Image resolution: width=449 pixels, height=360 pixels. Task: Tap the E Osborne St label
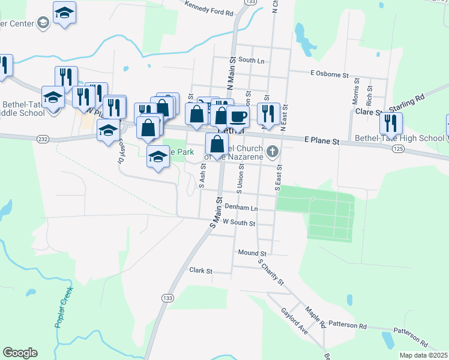(x=330, y=74)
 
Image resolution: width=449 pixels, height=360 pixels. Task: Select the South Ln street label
(x=251, y=61)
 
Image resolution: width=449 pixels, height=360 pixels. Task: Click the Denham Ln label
(x=241, y=207)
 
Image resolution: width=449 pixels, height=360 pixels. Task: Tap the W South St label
(x=239, y=223)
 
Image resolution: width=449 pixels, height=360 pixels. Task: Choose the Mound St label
(x=252, y=253)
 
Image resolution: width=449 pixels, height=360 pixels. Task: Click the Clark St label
(x=201, y=271)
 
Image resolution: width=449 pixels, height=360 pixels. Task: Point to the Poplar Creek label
(x=64, y=307)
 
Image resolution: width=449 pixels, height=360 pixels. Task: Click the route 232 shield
(x=42, y=139)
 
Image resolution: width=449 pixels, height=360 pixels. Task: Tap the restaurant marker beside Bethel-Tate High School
(x=391, y=123)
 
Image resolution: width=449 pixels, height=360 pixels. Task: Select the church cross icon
(x=273, y=151)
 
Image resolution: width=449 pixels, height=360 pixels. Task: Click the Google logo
(x=20, y=353)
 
